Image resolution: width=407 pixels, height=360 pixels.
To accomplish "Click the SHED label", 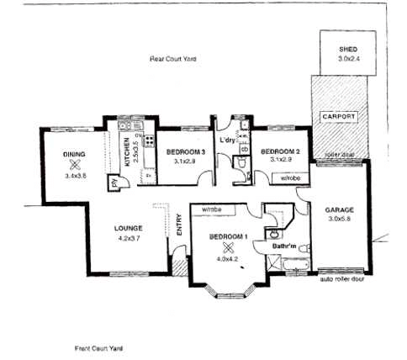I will coord(347,50).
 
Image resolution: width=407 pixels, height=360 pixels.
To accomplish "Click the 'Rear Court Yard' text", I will coord(172,59).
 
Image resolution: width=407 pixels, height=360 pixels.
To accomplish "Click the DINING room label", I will coord(75,154).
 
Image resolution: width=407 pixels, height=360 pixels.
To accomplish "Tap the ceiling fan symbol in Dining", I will coord(75,165).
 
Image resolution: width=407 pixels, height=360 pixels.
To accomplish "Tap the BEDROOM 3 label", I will coord(185,151).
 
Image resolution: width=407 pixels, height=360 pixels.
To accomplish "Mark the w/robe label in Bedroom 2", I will coord(290,177).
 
